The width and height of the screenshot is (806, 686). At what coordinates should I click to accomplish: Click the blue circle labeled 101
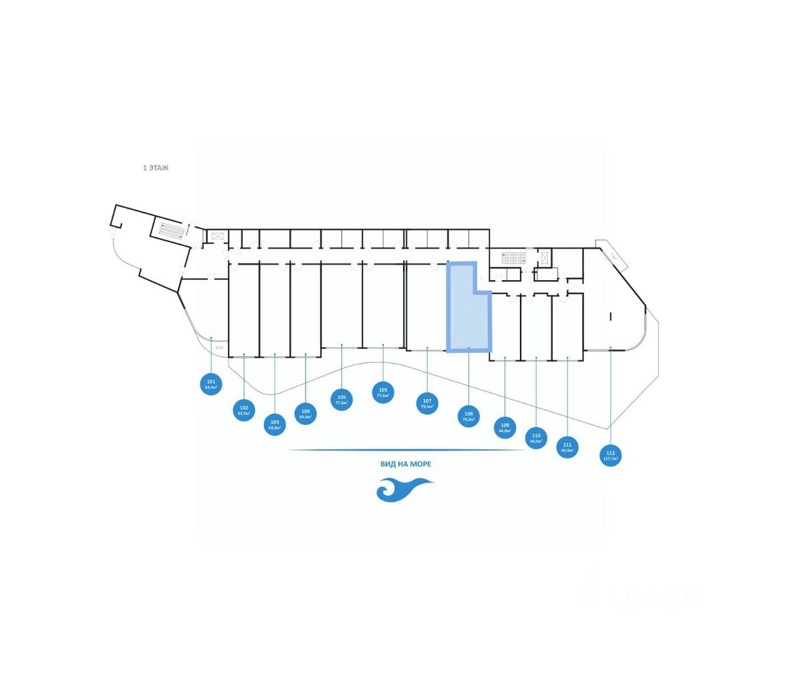click(211, 384)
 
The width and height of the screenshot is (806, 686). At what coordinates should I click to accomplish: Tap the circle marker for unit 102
click(244, 410)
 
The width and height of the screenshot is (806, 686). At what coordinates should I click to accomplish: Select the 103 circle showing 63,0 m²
click(275, 424)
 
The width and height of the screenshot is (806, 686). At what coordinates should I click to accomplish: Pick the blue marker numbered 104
click(305, 413)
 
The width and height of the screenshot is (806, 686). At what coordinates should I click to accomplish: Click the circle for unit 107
click(427, 403)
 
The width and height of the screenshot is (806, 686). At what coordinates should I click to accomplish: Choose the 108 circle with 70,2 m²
click(468, 417)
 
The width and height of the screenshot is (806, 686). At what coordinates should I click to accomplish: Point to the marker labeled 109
click(505, 427)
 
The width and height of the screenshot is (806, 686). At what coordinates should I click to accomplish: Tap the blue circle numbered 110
click(536, 438)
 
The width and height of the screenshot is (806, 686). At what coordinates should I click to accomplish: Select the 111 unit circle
click(567, 447)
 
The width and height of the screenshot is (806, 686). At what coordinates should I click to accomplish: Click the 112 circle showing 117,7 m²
click(610, 455)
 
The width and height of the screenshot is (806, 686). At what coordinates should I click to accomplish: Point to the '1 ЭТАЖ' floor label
click(156, 168)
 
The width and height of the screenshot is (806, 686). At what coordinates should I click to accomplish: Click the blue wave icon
click(404, 490)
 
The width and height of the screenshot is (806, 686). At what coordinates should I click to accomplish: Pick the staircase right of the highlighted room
click(515, 257)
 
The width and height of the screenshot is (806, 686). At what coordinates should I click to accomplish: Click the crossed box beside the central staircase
click(545, 257)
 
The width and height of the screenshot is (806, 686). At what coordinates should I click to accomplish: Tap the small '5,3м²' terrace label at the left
click(219, 348)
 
